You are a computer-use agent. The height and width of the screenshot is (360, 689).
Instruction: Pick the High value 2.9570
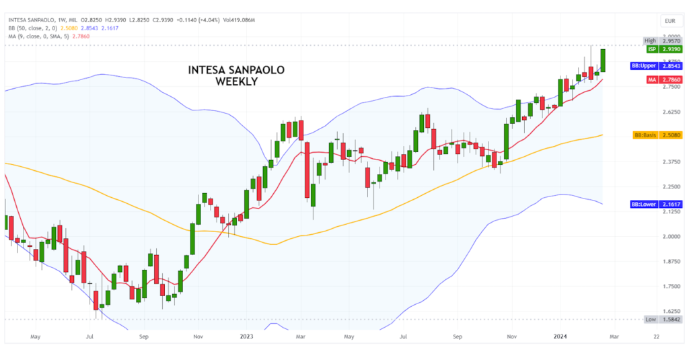[x=670, y=40]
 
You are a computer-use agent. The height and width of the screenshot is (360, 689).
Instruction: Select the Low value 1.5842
[x=670, y=320]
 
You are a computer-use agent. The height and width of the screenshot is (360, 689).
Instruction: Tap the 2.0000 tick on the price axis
[x=669, y=236]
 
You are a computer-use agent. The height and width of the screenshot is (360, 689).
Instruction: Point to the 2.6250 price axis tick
[x=669, y=112]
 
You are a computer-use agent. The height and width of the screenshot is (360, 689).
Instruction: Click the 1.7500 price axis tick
[x=669, y=286]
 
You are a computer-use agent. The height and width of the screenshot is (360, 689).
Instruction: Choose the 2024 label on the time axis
[x=563, y=334]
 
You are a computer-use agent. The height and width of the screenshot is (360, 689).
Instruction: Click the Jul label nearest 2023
[x=404, y=334]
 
